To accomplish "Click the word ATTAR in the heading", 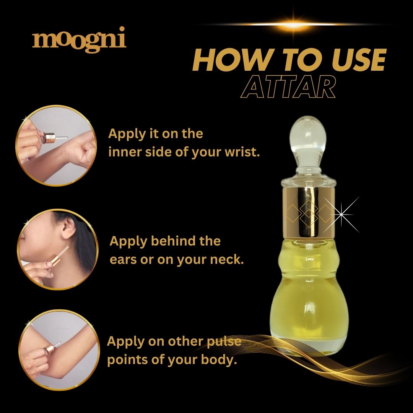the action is tap(288, 87).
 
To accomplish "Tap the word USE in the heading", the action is tap(358, 60).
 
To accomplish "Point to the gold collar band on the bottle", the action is tap(309, 211).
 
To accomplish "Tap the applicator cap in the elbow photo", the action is tap(49, 349).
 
